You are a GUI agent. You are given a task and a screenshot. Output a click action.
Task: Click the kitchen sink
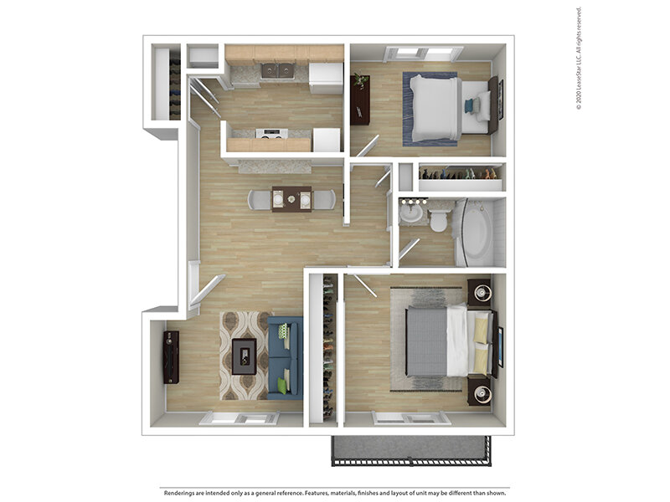pyautogui.click(x=276, y=70)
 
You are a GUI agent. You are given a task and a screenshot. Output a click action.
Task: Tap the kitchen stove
pyautogui.click(x=271, y=133)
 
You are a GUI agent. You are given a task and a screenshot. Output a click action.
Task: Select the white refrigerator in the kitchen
pyautogui.click(x=325, y=77)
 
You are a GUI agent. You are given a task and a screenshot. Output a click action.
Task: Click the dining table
pyautogui.click(x=291, y=198)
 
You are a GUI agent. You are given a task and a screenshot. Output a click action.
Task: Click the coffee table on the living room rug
pyautogui.click(x=244, y=356)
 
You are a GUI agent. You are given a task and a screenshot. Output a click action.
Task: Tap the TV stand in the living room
pyautogui.click(x=171, y=356)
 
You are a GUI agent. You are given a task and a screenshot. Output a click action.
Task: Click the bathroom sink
pyautogui.click(x=411, y=213)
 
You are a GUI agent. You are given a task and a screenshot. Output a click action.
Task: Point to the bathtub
pyautogui.click(x=476, y=230)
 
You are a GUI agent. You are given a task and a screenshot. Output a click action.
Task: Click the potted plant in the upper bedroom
pyautogui.click(x=361, y=81)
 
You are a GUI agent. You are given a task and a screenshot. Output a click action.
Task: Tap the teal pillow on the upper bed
pyautogui.click(x=469, y=106)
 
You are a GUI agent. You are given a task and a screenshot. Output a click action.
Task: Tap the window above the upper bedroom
pyautogui.click(x=423, y=54)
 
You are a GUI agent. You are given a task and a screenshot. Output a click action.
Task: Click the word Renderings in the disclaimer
pyautogui.click(x=182, y=492)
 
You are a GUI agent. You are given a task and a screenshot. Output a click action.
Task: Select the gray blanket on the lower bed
pyautogui.click(x=426, y=341)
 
